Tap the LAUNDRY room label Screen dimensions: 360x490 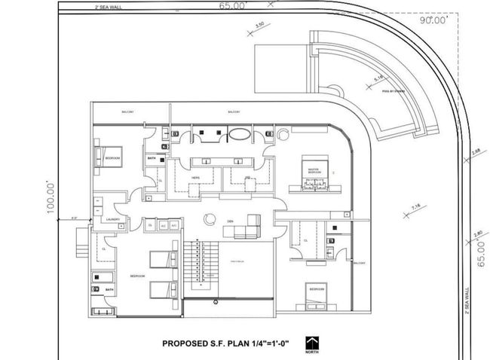(x=115, y=220)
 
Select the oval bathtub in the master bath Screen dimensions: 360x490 (x=240, y=136)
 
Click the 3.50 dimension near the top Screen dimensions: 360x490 (x=260, y=26)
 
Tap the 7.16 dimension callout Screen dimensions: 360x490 (x=415, y=207)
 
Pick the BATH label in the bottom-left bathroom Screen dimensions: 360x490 (x=110, y=289)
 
